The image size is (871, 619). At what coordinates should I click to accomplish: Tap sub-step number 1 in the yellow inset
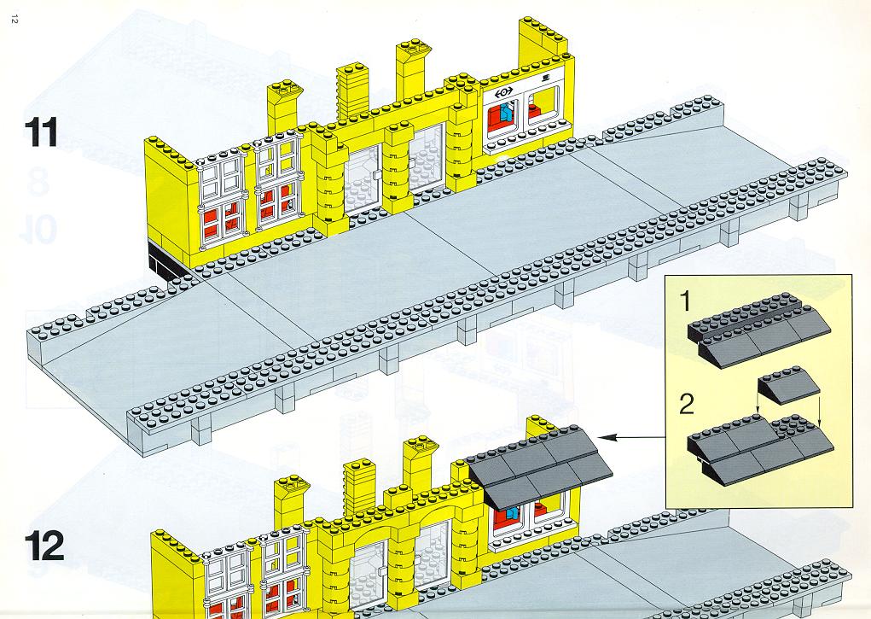[x=686, y=301]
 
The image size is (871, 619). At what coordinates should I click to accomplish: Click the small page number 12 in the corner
[x=15, y=20]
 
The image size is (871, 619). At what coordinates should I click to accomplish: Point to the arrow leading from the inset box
[x=634, y=438]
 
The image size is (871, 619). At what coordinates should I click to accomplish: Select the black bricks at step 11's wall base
[x=165, y=260]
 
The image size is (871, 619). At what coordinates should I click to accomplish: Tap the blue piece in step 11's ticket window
[x=506, y=113]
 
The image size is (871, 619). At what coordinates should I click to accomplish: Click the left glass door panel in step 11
[x=363, y=181]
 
